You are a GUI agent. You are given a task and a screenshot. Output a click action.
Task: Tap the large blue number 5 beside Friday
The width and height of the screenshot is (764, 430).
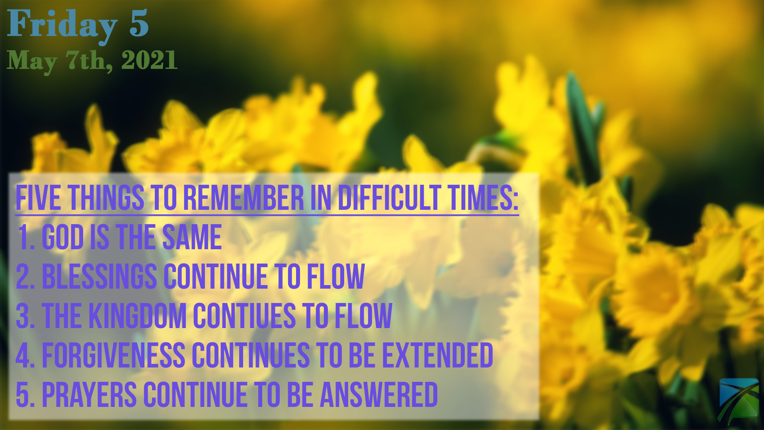[x=139, y=23]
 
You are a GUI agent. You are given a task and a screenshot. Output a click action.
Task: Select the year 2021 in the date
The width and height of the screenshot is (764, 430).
[x=149, y=61]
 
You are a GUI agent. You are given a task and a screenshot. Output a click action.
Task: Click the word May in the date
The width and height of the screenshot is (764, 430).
[x=32, y=62]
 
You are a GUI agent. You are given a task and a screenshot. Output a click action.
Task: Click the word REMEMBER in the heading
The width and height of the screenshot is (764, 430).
[x=244, y=197]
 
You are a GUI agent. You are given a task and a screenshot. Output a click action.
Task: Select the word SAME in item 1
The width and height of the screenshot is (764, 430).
[x=192, y=237]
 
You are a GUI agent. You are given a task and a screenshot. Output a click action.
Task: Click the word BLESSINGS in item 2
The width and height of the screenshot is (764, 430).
[x=99, y=276]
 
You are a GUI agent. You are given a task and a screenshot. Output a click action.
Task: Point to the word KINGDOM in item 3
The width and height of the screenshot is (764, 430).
[x=138, y=316]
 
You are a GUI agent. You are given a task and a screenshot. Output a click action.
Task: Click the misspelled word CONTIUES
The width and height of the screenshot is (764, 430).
[x=244, y=316]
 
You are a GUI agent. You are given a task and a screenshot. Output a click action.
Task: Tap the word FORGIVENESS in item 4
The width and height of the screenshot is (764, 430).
[x=113, y=355]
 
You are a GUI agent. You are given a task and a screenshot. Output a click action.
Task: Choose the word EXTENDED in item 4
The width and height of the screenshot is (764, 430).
[x=438, y=355]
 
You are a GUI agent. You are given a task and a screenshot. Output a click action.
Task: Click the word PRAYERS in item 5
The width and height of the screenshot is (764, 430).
[x=90, y=395]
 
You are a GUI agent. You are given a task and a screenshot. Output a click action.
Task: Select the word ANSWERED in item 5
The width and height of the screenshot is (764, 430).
[x=379, y=395]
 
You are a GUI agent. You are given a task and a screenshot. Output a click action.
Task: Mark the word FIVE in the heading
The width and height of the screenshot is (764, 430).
[x=38, y=197]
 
